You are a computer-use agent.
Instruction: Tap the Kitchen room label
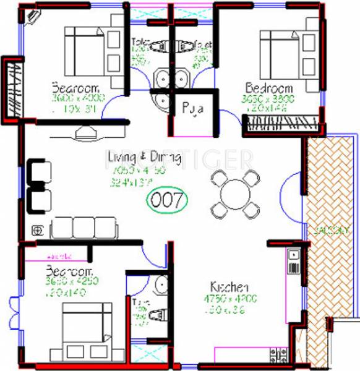pos(229,288)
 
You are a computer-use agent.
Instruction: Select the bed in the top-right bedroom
pos(281,49)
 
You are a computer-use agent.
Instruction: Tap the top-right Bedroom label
pos(268,87)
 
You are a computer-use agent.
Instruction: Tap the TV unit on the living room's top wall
pos(86,131)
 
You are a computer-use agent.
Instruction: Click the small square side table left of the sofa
pos(38,230)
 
